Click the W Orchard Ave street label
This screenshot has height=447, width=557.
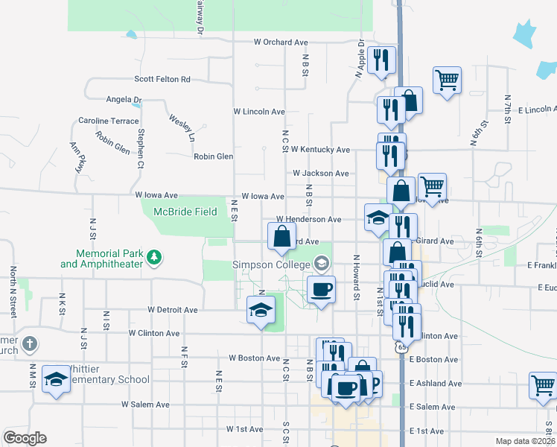pyautogui.click(x=281, y=42)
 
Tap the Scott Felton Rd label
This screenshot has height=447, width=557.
pyautogui.click(x=162, y=79)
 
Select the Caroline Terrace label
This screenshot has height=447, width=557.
pyautogui.click(x=109, y=121)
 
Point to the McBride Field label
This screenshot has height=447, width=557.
pyautogui.click(x=185, y=212)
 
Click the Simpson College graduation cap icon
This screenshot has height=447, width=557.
pyautogui.click(x=321, y=262)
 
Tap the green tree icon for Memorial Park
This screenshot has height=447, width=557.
pyautogui.click(x=154, y=258)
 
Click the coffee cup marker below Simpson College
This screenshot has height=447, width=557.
pyautogui.click(x=321, y=290)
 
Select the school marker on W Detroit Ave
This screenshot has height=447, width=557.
pyautogui.click(x=261, y=311)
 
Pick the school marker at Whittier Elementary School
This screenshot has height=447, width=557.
pyautogui.click(x=57, y=380)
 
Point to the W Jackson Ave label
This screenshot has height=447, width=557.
pyautogui.click(x=320, y=174)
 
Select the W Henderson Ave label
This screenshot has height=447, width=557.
pyautogui.click(x=308, y=220)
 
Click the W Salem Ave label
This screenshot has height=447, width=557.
pyautogui.click(x=146, y=405)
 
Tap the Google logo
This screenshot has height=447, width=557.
pyautogui.click(x=25, y=438)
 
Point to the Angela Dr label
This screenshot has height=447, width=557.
pyautogui.click(x=124, y=99)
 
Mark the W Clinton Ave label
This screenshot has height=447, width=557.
pyautogui.click(x=154, y=334)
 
